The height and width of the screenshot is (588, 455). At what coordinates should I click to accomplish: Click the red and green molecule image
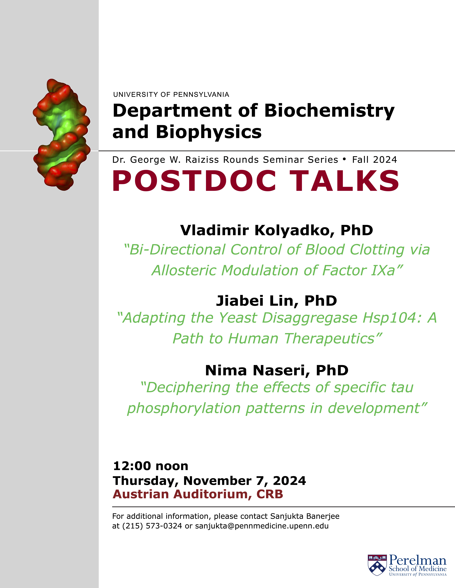(61, 135)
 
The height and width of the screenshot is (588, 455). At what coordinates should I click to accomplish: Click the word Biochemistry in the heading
(329, 111)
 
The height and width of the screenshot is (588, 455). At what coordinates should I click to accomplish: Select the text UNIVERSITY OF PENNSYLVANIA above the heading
(171, 94)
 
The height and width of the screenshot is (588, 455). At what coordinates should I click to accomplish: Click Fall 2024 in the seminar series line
(375, 160)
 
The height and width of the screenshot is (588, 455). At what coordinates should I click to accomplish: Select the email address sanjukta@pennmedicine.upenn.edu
(262, 526)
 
